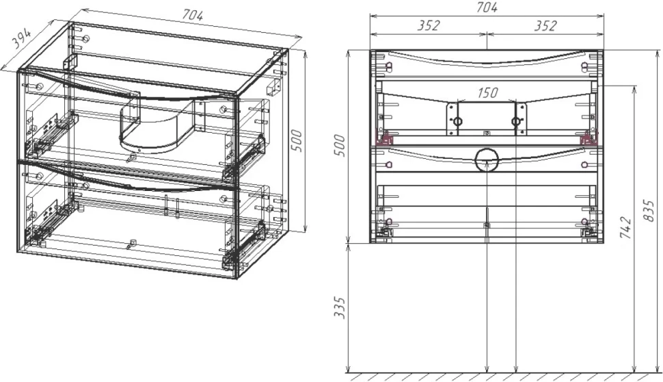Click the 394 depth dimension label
tap(21, 39)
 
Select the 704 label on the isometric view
tap(193, 15)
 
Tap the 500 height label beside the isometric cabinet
tap(297, 140)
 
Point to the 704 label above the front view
tap(487, 8)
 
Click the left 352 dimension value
tap(429, 25)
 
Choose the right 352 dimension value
tap(545, 25)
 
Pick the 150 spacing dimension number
tap(487, 92)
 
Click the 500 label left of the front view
tap(340, 145)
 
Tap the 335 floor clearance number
tap(340, 307)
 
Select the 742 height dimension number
tap(626, 227)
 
